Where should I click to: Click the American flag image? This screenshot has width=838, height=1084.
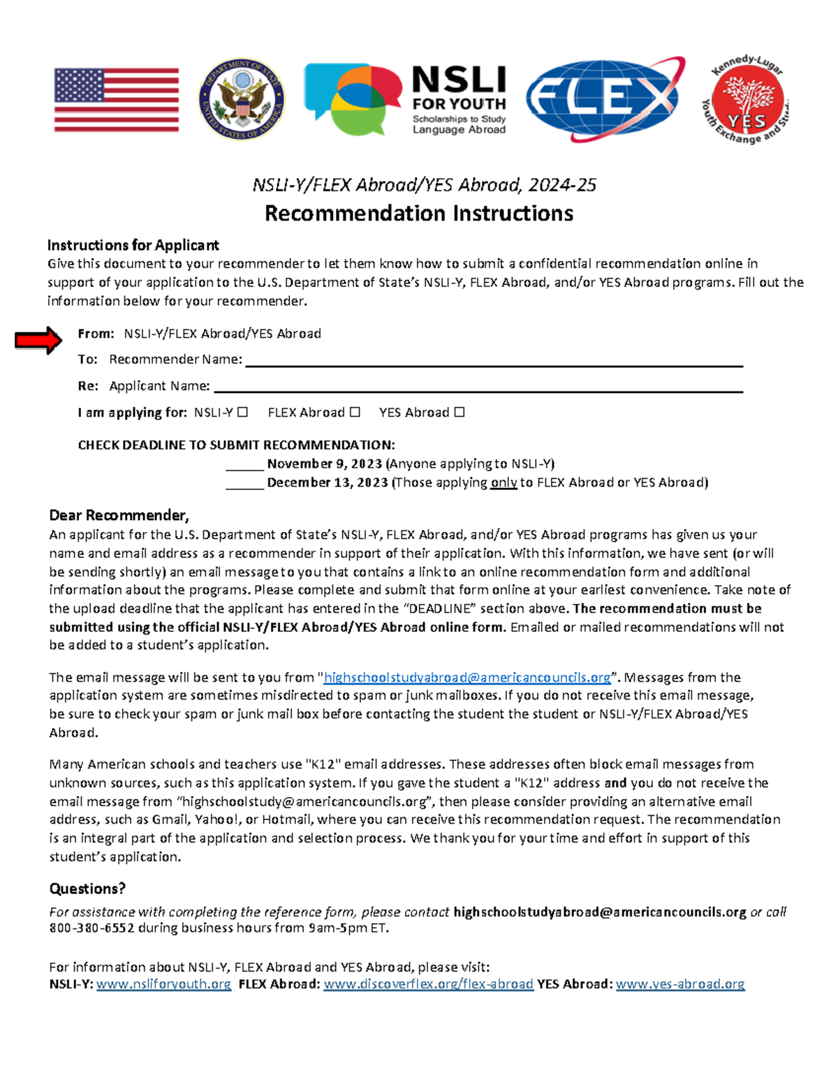coord(117,100)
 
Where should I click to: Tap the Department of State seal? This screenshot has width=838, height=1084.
coord(242,100)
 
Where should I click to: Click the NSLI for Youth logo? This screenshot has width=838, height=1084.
coord(405,100)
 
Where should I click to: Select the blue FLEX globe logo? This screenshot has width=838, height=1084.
coord(605,98)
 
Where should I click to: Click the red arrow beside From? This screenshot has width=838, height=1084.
coord(38,340)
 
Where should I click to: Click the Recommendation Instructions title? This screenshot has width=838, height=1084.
coord(419,213)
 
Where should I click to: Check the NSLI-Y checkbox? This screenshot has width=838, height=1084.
coord(242,412)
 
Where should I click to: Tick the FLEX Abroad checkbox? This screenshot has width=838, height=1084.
coord(355,412)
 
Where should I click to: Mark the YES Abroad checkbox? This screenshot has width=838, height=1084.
coord(460,412)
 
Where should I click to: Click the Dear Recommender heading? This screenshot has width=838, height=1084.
coord(119,515)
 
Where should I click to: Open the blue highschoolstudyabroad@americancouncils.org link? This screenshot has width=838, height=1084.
coord(467,677)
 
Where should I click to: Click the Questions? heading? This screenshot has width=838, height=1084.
coord(87,889)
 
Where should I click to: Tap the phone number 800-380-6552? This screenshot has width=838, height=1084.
coord(91,928)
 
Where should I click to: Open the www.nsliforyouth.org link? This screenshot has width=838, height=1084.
coord(163,984)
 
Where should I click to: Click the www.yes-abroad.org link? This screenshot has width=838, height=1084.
coord(679,984)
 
